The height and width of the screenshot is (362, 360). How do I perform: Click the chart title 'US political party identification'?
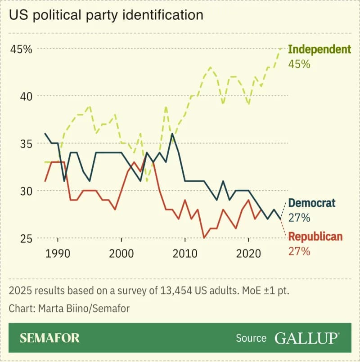pyautogui.click(x=106, y=15)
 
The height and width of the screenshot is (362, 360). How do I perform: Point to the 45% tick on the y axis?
pyautogui.click(x=21, y=49)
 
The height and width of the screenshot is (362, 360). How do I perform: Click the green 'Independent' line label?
pyautogui.click(x=319, y=49)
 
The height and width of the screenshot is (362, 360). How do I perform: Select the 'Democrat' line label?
pyautogui.click(x=311, y=203)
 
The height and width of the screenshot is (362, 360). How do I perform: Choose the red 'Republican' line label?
pyautogui.click(x=315, y=237)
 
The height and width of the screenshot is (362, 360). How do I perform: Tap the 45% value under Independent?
pyautogui.click(x=299, y=64)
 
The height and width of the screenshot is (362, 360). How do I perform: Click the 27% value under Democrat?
pyautogui.click(x=299, y=218)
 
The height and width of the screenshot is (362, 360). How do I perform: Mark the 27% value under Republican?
pyautogui.click(x=299, y=251)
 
